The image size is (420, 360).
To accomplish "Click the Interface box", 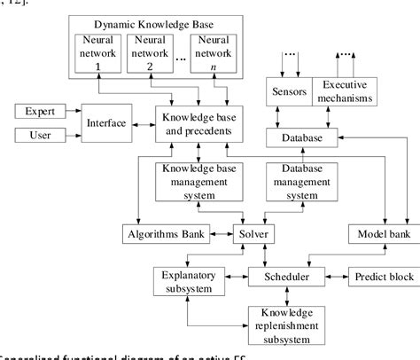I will pyautogui.click(x=105, y=122).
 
